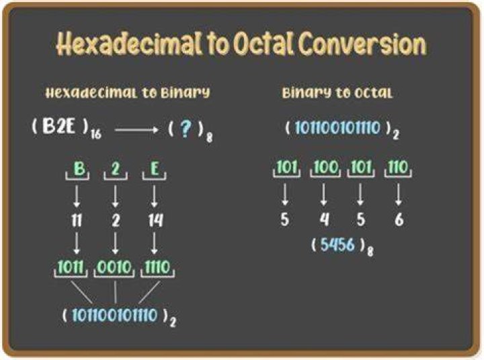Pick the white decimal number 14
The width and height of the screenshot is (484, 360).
click(x=155, y=221)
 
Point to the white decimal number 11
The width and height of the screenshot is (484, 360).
click(x=77, y=221)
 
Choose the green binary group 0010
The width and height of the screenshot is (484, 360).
click(x=114, y=267)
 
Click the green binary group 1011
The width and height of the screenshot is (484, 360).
click(x=71, y=267)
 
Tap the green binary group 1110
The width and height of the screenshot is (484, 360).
click(x=157, y=267)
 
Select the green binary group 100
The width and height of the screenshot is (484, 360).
click(x=325, y=167)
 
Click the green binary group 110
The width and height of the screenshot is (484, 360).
click(x=398, y=167)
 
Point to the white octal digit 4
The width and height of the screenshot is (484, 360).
click(x=324, y=220)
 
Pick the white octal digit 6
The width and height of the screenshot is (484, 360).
click(x=399, y=220)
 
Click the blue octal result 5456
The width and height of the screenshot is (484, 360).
click(x=337, y=245)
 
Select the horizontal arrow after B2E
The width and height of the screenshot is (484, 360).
click(x=136, y=130)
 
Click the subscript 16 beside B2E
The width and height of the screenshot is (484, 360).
click(x=96, y=135)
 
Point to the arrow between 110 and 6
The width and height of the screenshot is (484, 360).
click(x=399, y=194)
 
